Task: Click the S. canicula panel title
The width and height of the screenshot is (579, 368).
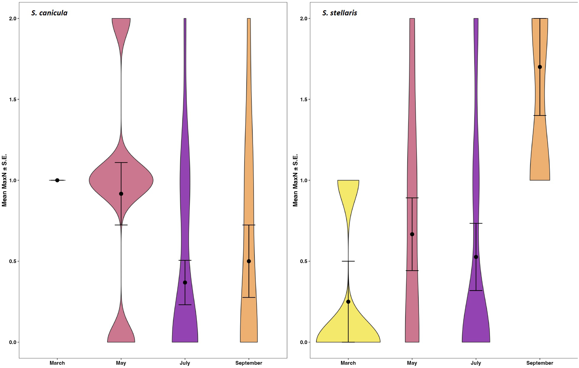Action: tap(49, 13)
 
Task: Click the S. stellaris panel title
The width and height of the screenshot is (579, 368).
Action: tap(340, 13)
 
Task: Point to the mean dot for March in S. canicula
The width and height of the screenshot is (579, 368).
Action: tap(57, 180)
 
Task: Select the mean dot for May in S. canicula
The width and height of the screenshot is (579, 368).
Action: tap(121, 194)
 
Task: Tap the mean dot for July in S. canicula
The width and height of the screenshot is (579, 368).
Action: tap(185, 282)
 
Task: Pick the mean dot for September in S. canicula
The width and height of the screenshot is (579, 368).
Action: tap(249, 261)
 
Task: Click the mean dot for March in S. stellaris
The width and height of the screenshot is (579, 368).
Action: tap(348, 302)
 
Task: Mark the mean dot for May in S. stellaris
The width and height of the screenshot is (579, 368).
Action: tap(412, 234)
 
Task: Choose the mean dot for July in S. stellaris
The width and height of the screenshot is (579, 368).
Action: tap(476, 257)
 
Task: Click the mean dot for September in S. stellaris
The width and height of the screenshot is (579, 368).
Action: tap(540, 67)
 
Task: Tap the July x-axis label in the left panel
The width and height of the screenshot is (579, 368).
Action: tap(185, 363)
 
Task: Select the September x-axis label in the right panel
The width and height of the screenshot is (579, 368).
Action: tap(540, 363)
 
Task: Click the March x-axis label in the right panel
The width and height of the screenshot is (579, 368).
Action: tap(348, 363)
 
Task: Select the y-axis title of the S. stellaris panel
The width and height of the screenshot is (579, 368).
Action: tap(295, 180)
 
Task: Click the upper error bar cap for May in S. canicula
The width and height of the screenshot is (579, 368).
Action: tap(121, 163)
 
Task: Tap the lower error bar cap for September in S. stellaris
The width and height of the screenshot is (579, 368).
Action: tap(540, 116)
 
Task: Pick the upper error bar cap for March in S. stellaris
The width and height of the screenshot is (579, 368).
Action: tap(348, 261)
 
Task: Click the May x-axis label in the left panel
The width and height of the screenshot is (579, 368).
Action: tap(121, 363)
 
